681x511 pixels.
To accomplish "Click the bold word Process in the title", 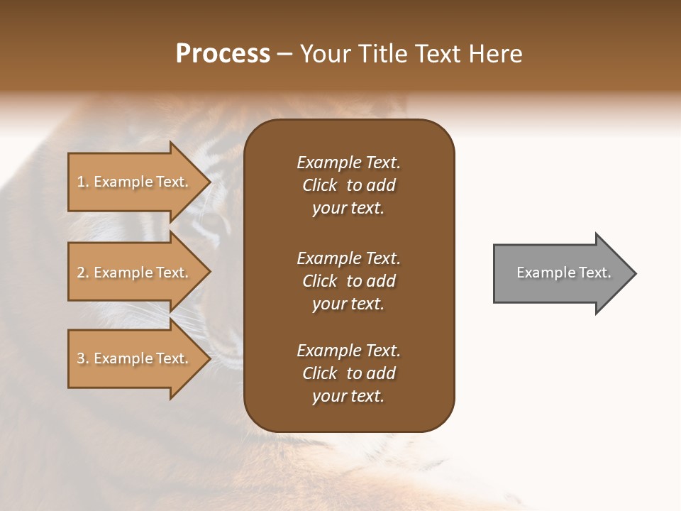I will coord(223,54).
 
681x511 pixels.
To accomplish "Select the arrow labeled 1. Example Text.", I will coord(135,182).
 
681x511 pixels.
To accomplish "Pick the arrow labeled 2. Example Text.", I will coord(135,273).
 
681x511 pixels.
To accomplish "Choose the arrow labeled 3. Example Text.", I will coord(135,358).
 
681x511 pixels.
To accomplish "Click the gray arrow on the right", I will coord(560,273).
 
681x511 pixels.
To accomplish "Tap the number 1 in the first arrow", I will coord(81,182).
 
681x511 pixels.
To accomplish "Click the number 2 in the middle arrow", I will coord(81,273).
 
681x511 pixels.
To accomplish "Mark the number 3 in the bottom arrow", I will coord(81,358).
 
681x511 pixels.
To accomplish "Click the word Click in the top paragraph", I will coord(319,185).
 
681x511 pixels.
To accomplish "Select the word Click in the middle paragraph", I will coord(319,281).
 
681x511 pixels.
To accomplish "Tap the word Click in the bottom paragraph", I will coord(319,373).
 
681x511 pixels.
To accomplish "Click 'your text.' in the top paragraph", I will coord(348,209).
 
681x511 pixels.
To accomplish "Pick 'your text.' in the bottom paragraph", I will coord(348,397).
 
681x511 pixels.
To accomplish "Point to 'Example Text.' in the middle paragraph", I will coord(348,258).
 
